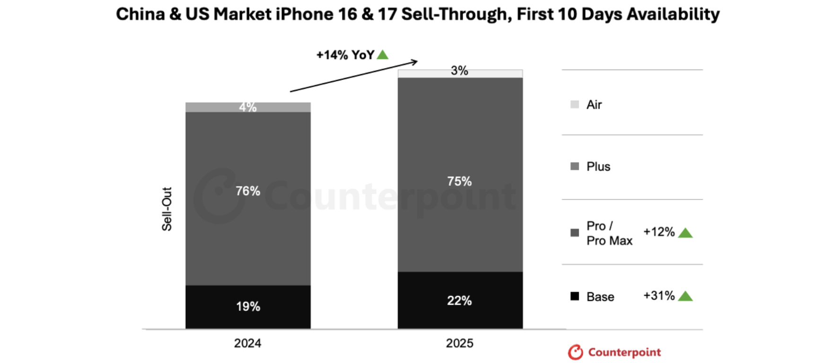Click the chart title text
pyautogui.click(x=417, y=14)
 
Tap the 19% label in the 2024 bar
pyautogui.click(x=248, y=306)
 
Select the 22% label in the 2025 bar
pyautogui.click(x=459, y=301)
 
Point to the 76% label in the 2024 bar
pyautogui.click(x=248, y=191)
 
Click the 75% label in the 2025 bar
pyautogui.click(x=459, y=181)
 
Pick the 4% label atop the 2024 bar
pyautogui.click(x=248, y=107)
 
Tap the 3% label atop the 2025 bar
pyautogui.click(x=459, y=71)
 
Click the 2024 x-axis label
pyautogui.click(x=247, y=343)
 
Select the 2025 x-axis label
pyautogui.click(x=459, y=343)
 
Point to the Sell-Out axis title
pyautogui.click(x=167, y=209)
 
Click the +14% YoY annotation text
pyautogui.click(x=345, y=55)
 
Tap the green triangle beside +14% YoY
pyautogui.click(x=383, y=55)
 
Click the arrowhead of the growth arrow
pyautogui.click(x=414, y=61)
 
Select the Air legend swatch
pyautogui.click(x=575, y=104)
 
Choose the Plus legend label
pyautogui.click(x=598, y=166)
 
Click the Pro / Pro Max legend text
pyautogui.click(x=609, y=233)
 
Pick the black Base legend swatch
pyautogui.click(x=575, y=296)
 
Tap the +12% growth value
pyautogui.click(x=659, y=232)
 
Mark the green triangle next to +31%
pyautogui.click(x=685, y=296)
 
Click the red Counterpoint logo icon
pyautogui.click(x=576, y=352)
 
